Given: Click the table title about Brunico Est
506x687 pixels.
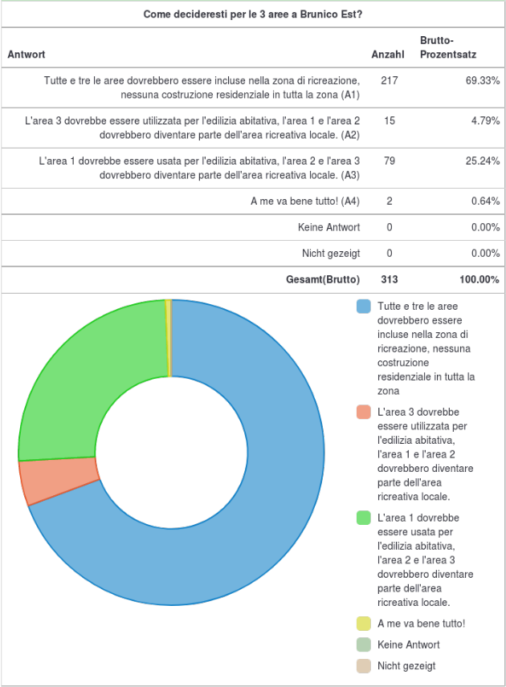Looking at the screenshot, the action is tap(252, 14).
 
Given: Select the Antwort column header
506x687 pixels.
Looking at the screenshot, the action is tap(27, 55).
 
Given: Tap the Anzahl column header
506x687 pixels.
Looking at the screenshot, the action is tap(388, 55).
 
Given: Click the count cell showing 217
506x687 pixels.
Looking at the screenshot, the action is tap(390, 80).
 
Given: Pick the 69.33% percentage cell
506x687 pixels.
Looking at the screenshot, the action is tap(483, 80).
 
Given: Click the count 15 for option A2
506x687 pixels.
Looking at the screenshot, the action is tap(390, 121).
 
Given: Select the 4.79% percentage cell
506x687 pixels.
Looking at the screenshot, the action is tap(485, 121).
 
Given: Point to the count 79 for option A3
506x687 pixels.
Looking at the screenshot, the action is tap(390, 161).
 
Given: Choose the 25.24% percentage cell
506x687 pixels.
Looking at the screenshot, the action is tap(483, 161).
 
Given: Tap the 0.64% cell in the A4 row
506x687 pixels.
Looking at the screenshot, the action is tap(485, 201).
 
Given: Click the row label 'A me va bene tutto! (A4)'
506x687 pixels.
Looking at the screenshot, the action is tap(305, 201).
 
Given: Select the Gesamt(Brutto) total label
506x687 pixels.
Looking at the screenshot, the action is tap(323, 279).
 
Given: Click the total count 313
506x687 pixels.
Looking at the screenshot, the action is tap(390, 279).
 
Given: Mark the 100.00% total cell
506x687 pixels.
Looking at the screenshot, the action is tap(479, 279).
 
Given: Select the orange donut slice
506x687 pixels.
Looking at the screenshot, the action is tap(60, 481).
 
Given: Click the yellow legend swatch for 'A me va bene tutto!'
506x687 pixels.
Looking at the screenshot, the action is tap(364, 624).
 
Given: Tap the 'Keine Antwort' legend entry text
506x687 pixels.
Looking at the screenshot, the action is tap(408, 644).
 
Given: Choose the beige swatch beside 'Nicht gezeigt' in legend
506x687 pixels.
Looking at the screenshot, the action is tap(364, 666).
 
